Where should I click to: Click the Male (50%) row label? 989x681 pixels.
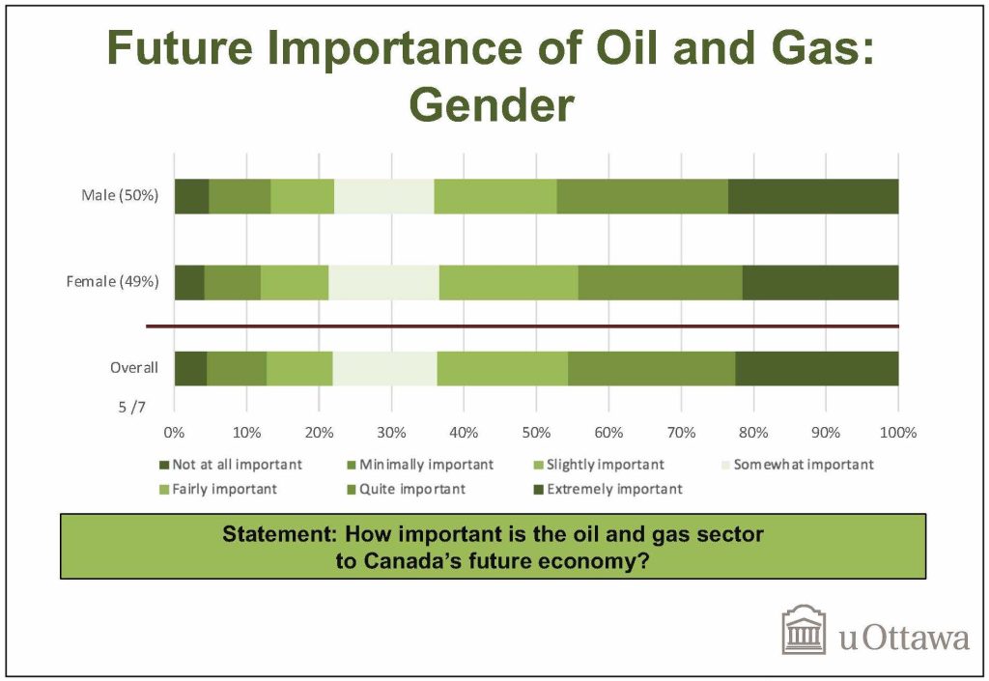[119, 195]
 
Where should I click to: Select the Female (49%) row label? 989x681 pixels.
[112, 281]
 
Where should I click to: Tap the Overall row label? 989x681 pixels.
[133, 368]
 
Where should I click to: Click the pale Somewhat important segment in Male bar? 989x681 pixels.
[384, 196]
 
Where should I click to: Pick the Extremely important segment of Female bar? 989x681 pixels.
[821, 282]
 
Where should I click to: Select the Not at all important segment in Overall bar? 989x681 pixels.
[190, 368]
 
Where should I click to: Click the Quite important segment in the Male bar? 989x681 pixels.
[642, 196]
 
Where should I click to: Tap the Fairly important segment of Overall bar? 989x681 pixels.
[502, 368]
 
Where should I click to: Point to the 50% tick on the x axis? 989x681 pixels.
[536, 433]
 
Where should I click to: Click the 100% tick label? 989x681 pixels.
[898, 433]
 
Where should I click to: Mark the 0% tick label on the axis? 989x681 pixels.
[174, 433]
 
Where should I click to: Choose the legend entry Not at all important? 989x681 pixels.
[231, 465]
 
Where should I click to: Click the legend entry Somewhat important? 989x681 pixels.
[797, 465]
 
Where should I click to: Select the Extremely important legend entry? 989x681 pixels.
[608, 490]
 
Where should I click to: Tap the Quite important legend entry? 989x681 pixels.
[407, 490]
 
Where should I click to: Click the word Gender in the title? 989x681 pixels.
[492, 104]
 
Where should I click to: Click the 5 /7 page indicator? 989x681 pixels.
[131, 408]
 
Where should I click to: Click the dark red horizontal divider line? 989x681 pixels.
[523, 326]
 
